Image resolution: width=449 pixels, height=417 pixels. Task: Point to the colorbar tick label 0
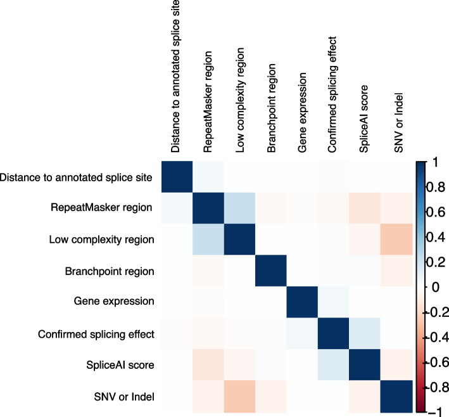pyautogui.click(x=432, y=287)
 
